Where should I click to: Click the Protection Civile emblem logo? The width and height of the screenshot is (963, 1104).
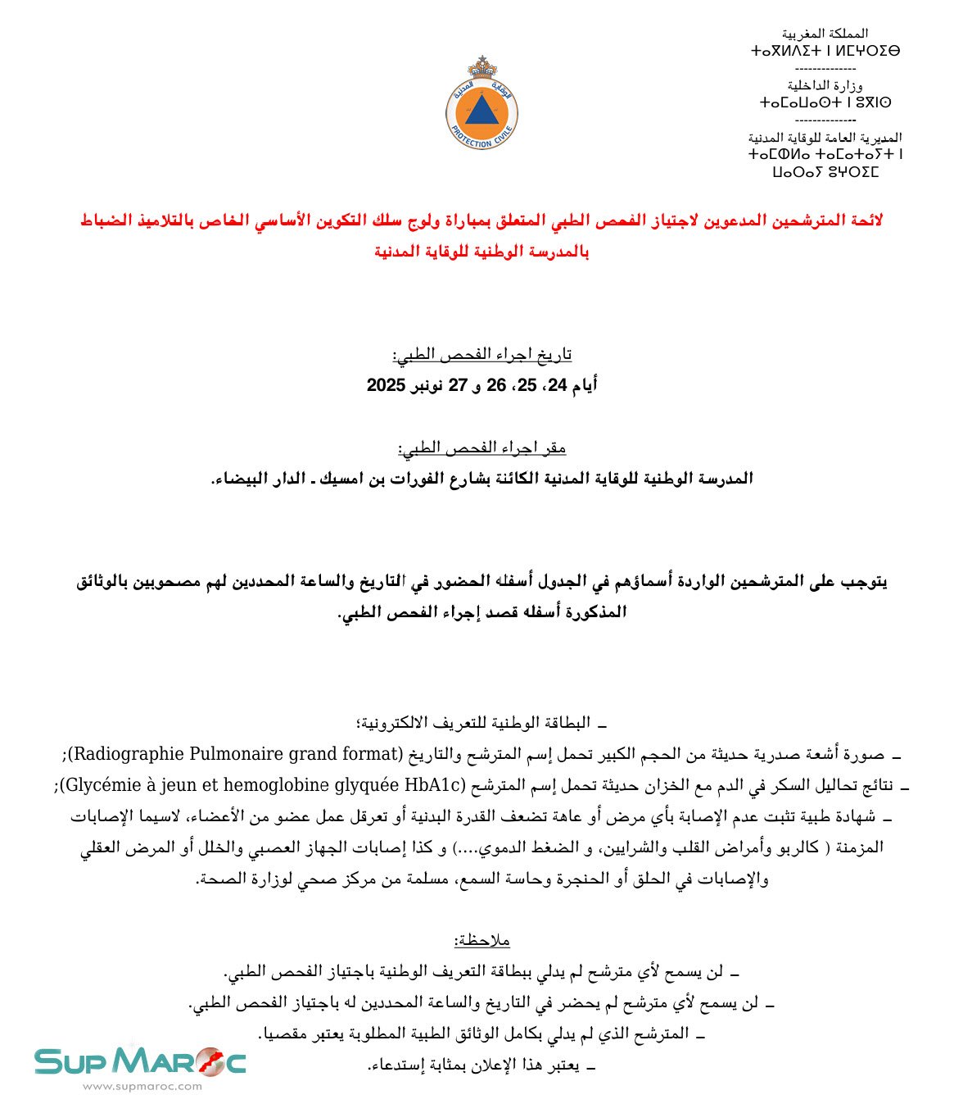481,107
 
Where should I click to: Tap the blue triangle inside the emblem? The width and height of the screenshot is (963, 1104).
481,110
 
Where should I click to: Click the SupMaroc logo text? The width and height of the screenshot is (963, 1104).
139,1061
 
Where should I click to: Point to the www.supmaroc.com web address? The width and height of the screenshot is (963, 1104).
142,1087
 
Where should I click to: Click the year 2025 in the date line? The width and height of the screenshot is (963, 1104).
387,385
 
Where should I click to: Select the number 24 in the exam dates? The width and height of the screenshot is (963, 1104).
557,385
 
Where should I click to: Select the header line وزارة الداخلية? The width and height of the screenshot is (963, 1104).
825,85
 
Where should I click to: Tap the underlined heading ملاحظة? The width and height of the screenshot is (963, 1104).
481,940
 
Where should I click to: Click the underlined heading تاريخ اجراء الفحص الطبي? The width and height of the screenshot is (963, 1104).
481,354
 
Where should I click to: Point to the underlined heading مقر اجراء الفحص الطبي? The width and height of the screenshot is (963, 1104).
481,448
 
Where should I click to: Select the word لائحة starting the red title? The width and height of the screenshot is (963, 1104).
863,220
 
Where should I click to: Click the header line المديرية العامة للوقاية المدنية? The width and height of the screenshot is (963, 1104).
825,137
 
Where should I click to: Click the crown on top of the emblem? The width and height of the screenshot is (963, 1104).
481,66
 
